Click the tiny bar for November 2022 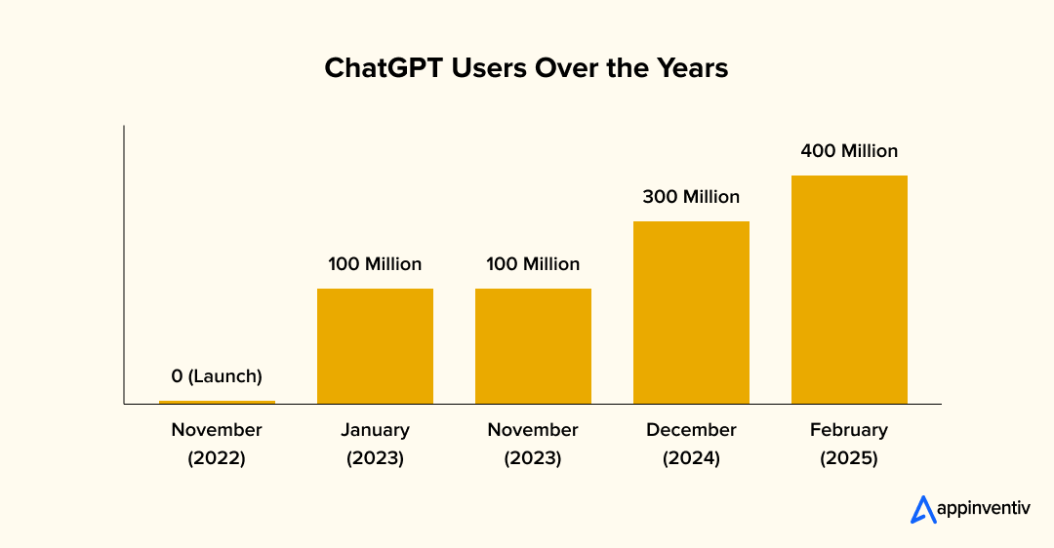coord(217,402)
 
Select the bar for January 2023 coord(375,346)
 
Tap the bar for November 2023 coord(533,346)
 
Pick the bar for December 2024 coord(691,312)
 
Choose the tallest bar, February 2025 coord(849,290)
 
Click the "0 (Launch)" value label coord(217,375)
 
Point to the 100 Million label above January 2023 coord(375,264)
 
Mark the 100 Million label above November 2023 coord(533,264)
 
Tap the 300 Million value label coord(691,197)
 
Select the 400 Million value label coord(849,151)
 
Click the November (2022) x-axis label coord(217,444)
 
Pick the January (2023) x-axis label coord(375,444)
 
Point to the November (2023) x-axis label coord(533,444)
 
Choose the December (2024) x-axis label coord(691,444)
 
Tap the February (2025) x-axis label coord(849,444)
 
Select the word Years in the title coord(692,69)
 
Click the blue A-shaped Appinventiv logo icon coord(922,510)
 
